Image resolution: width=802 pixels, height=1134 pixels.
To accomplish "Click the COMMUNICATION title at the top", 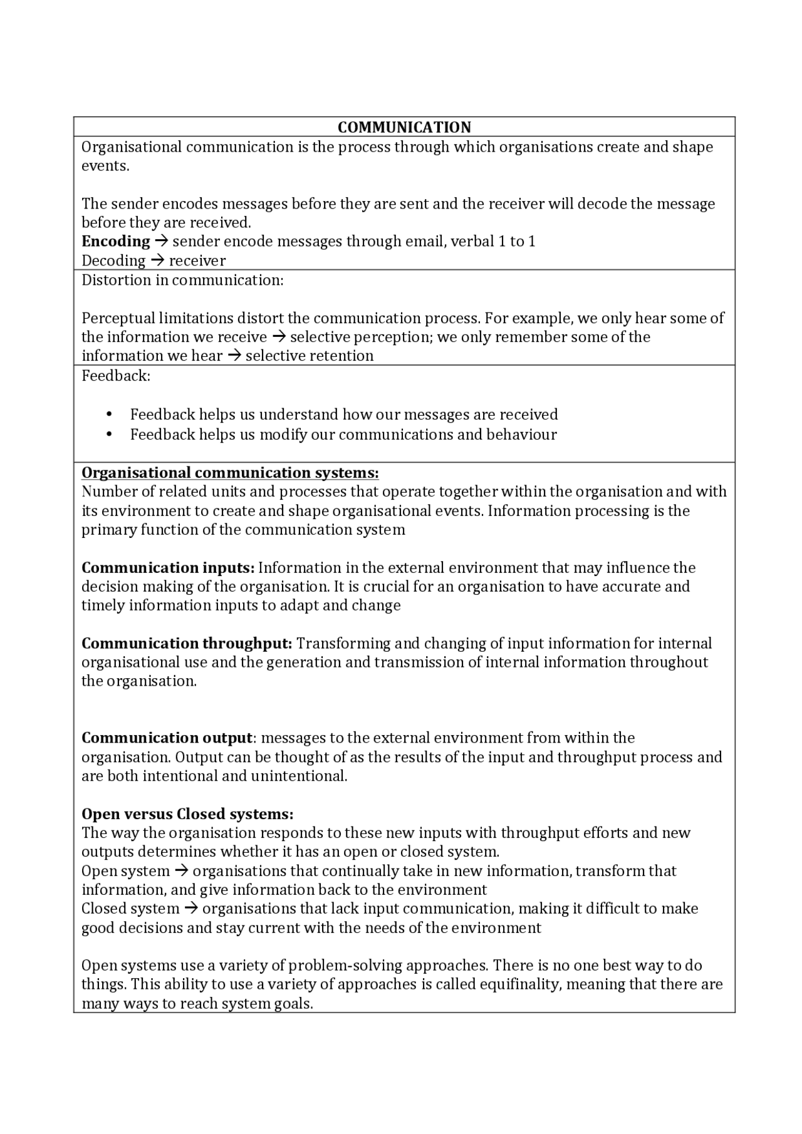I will click(x=404, y=127).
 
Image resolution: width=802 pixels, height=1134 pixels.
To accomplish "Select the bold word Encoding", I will click(x=116, y=241).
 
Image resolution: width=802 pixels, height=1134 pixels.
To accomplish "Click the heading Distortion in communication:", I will click(x=182, y=280).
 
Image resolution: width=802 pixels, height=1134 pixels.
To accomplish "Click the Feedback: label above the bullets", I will click(x=116, y=376).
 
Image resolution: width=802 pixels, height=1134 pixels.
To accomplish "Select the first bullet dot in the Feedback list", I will click(x=109, y=415).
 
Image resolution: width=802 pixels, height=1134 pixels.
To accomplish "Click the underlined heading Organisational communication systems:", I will click(x=230, y=472).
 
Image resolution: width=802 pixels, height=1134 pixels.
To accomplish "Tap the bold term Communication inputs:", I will click(x=168, y=568).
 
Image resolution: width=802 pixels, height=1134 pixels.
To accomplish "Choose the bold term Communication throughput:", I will click(x=187, y=644).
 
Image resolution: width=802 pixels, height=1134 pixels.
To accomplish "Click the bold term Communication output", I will click(x=167, y=738).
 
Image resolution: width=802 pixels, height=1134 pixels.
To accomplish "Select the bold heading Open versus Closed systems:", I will click(x=187, y=814).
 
